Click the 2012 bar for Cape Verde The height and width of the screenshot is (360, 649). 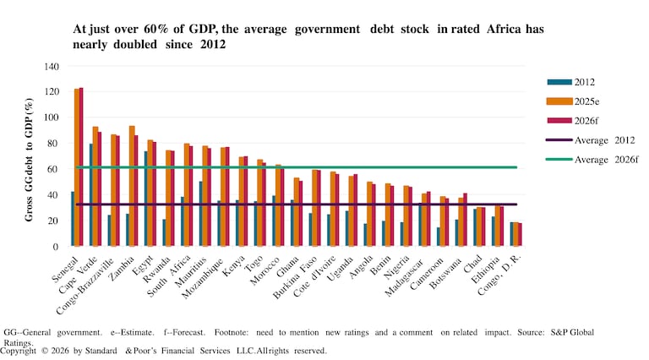coord(90,195)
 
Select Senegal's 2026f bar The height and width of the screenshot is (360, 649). coord(81,167)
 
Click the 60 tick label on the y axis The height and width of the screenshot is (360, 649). coord(53,169)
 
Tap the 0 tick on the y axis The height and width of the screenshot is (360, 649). coord(56,247)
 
